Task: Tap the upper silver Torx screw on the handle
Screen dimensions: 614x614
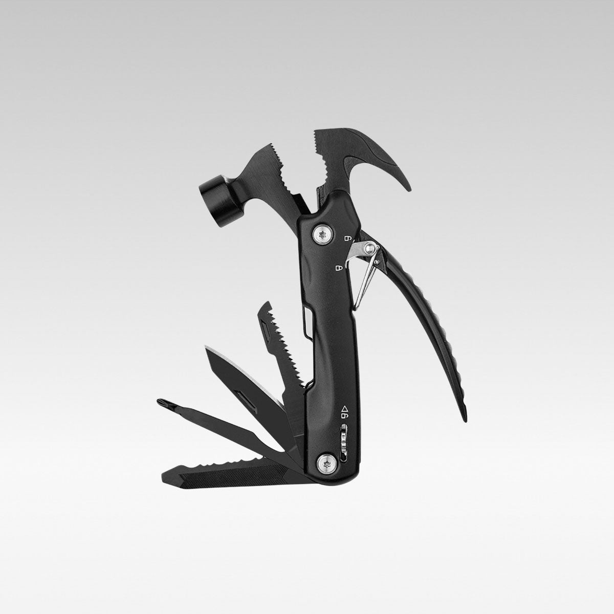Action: [322, 234]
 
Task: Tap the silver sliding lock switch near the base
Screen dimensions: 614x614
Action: [343, 438]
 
